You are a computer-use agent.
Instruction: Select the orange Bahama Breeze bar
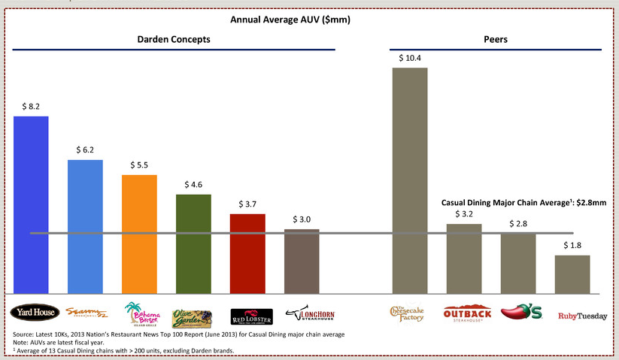(x=139, y=234)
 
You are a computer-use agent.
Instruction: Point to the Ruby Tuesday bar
(x=572, y=274)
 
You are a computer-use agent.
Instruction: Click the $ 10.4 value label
(x=410, y=58)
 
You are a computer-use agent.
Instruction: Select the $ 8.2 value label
(x=31, y=107)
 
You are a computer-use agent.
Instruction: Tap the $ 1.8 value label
(x=572, y=246)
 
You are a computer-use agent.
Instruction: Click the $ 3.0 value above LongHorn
(x=302, y=219)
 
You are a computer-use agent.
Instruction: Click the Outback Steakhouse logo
(x=467, y=313)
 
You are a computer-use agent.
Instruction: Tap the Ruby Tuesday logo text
(x=581, y=316)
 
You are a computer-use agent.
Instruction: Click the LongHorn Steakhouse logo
(x=304, y=313)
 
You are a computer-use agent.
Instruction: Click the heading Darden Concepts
(x=173, y=38)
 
